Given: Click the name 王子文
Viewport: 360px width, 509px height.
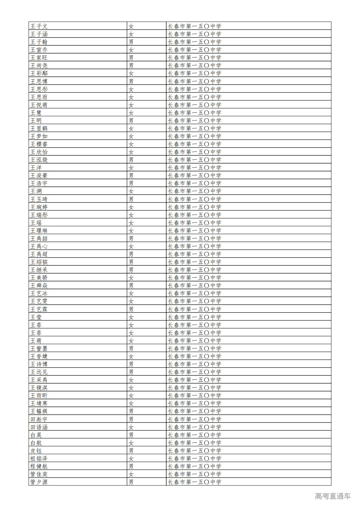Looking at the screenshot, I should click(x=39, y=26).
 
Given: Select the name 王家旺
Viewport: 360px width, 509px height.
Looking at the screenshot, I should click(x=39, y=57).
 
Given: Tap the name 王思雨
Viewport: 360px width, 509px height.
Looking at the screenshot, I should click(x=39, y=97).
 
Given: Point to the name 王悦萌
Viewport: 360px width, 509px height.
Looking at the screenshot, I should click(x=39, y=105).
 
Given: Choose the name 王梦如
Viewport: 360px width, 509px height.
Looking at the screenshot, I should click(x=39, y=136).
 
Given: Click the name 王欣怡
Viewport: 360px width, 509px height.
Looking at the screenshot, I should click(x=39, y=152).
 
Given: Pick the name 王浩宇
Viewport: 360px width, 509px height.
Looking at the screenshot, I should click(x=39, y=183).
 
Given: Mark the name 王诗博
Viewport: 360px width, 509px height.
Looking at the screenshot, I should click(x=39, y=364).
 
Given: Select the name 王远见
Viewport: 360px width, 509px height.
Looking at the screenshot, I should click(x=39, y=372).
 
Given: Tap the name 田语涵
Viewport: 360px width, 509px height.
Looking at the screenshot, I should click(x=39, y=427).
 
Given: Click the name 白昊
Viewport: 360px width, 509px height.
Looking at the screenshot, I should click(x=36, y=435).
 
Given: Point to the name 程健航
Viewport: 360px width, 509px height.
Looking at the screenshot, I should click(x=39, y=466).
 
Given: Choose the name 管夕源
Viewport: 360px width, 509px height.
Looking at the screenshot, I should click(x=39, y=482).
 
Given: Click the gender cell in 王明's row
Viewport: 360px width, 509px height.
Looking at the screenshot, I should click(x=131, y=120).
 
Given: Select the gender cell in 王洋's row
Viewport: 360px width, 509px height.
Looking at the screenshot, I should click(x=131, y=167).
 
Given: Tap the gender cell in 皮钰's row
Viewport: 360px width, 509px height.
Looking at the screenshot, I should click(x=131, y=451).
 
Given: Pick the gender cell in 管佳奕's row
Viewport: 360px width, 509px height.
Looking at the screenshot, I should click(x=131, y=474).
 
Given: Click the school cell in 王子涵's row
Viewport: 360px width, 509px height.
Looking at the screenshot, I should click(x=194, y=34).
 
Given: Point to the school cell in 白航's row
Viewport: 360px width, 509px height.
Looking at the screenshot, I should click(x=194, y=443).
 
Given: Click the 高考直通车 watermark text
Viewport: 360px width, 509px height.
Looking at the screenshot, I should click(x=333, y=496).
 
